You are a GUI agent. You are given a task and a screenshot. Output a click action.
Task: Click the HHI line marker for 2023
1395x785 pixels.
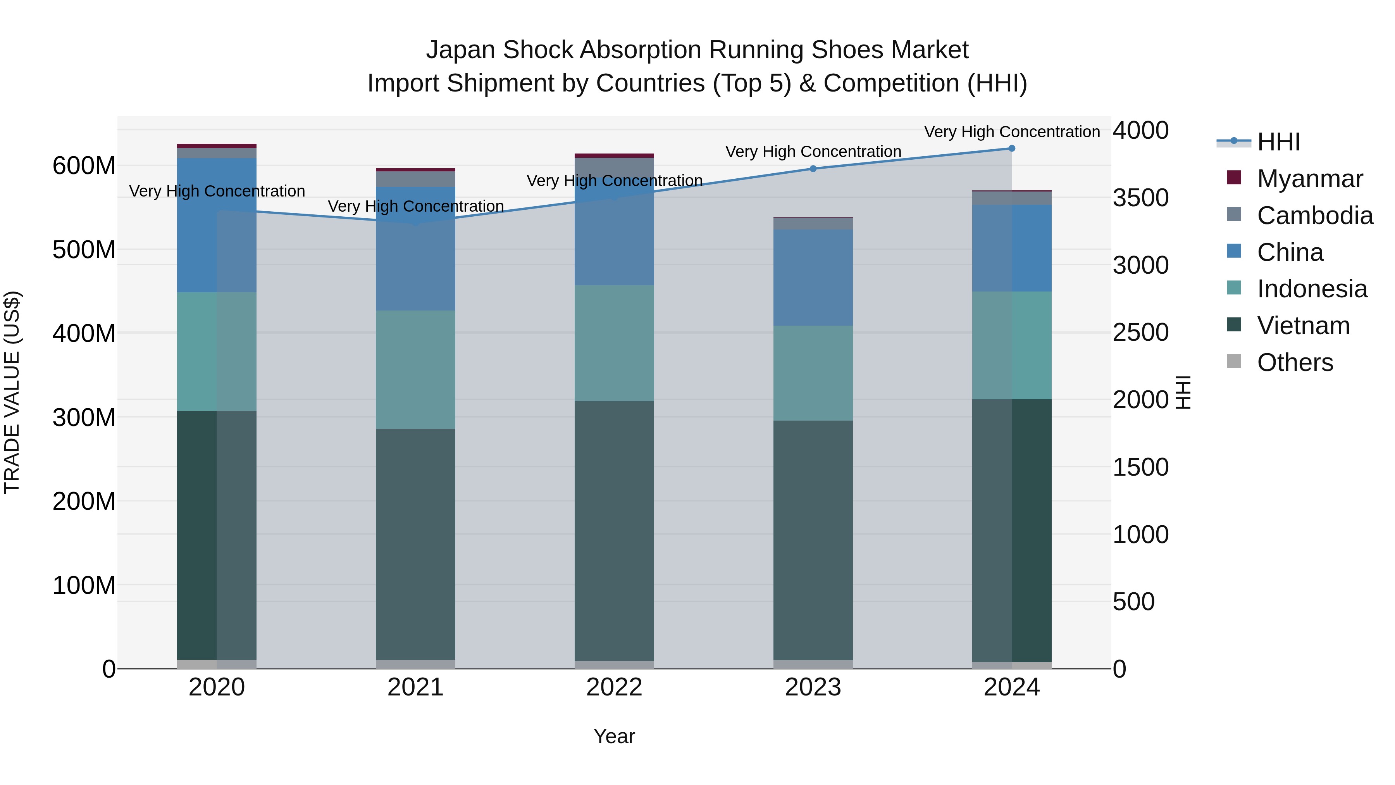coord(813,169)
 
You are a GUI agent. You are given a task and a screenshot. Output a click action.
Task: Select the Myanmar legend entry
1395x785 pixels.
coord(1309,179)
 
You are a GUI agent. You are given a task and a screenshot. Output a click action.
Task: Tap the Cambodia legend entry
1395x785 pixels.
coord(1314,216)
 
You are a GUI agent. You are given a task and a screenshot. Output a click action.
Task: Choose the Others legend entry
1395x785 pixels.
coord(1294,362)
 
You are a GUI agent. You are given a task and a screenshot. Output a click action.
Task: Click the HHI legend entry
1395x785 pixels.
coord(1278,142)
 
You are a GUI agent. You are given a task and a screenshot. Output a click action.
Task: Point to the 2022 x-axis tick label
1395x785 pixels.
coord(614,687)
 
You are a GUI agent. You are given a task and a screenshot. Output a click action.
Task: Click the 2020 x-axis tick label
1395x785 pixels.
coord(217,687)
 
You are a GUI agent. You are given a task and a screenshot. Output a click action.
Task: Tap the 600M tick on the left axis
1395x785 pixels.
coord(84,166)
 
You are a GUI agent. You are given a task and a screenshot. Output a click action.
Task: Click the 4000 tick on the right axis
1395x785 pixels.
coord(1140,131)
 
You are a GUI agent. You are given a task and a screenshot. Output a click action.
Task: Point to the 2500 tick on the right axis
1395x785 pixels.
coord(1140,333)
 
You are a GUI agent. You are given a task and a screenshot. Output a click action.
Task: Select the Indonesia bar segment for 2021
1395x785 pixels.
coord(415,369)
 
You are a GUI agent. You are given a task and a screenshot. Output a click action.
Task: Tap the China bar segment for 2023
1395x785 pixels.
coord(813,278)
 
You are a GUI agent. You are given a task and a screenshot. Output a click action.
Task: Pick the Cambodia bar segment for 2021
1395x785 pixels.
coord(415,179)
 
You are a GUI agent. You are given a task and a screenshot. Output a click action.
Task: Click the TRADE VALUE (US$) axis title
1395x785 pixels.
coord(12,392)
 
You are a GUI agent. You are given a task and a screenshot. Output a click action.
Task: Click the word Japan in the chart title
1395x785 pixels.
coord(460,50)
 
